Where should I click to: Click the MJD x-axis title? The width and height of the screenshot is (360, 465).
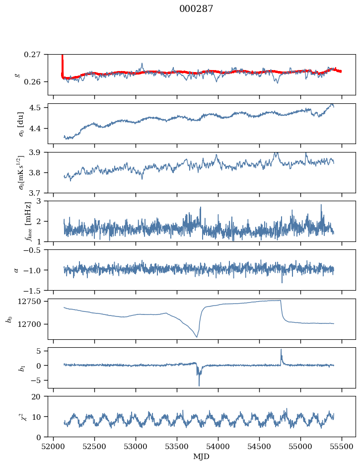pos(202,457)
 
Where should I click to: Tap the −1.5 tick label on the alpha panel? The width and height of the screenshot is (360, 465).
pos(35,290)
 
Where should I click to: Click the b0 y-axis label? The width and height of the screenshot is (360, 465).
pos(8,318)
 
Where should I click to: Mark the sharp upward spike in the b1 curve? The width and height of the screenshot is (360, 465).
pos(281,350)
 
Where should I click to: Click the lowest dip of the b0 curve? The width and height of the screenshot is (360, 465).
pos(197,337)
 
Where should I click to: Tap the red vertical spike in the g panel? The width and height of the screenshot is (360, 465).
pos(62,62)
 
